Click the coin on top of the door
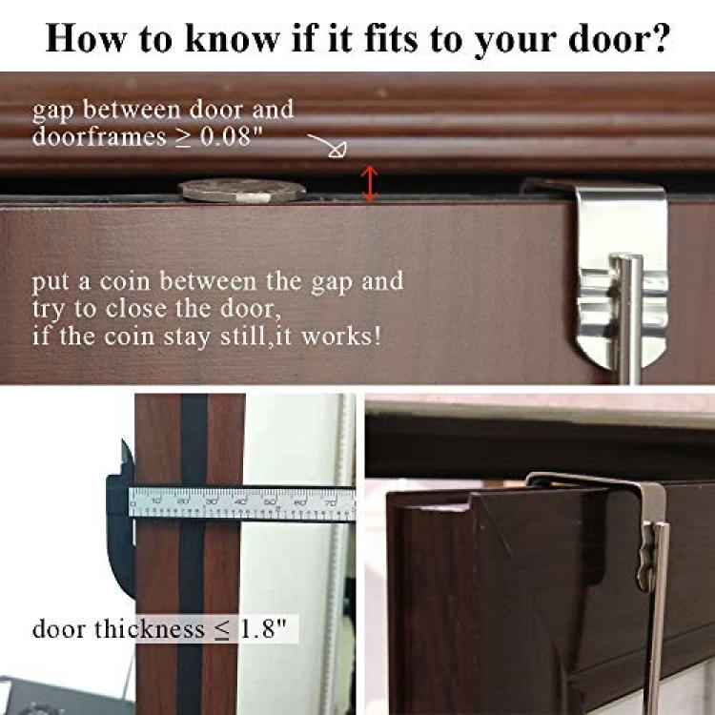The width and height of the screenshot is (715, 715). tap(242, 191)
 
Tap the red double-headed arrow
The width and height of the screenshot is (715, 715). tap(369, 183)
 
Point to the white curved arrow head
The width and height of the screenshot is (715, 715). tap(338, 150)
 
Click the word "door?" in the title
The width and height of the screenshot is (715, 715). tap(619, 38)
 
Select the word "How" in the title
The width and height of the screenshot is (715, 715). tap(86, 38)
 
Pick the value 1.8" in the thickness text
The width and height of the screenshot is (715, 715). tap(263, 629)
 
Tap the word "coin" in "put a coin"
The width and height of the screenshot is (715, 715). tap(125, 281)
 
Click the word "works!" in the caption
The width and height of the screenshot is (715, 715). tap(341, 337)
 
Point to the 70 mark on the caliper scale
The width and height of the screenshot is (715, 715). tap(330, 502)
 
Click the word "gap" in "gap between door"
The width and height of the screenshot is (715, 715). tap(52, 112)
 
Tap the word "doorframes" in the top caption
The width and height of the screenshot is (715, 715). tap(99, 136)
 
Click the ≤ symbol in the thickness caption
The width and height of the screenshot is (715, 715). tap(222, 630)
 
